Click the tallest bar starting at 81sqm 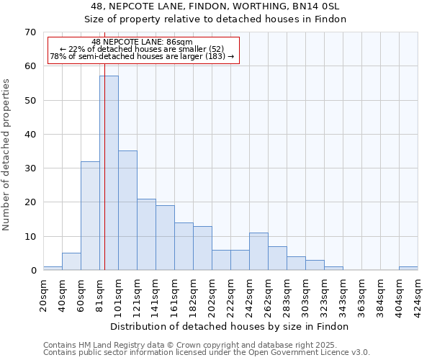109,173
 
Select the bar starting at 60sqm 90,216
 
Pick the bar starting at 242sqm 258,251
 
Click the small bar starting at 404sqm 408,269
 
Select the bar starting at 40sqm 71,262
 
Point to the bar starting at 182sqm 202,248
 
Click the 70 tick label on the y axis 30,32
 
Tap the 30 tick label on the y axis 30,168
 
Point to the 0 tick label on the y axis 32,271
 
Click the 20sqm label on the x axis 43,294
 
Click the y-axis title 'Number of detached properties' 7,155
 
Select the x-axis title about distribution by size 230,326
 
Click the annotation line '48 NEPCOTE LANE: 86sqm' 142,42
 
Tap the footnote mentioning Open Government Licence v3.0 207,352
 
